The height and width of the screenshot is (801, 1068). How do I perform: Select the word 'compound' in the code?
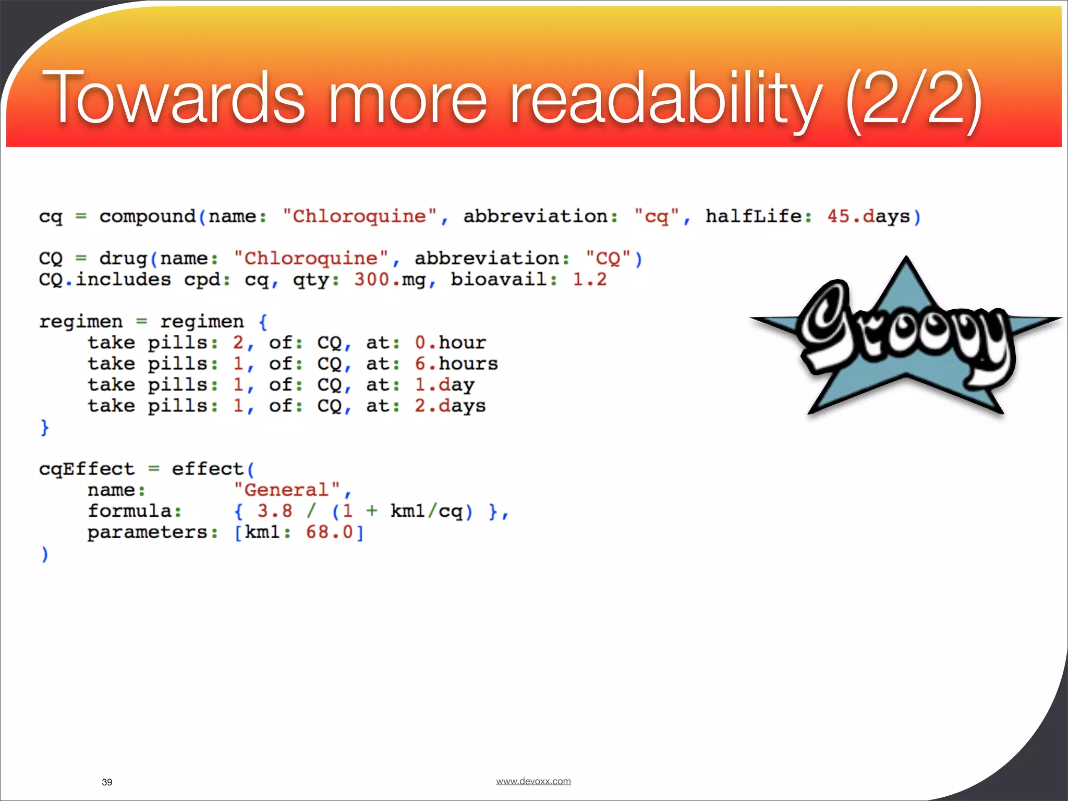(x=148, y=216)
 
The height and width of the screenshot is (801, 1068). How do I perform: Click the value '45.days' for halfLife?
(x=868, y=216)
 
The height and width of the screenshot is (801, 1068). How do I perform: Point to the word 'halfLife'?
(x=754, y=216)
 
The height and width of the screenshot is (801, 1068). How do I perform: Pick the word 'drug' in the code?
(x=124, y=259)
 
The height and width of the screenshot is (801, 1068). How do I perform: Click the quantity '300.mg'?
(x=390, y=280)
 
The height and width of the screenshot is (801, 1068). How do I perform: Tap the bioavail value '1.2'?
(x=589, y=280)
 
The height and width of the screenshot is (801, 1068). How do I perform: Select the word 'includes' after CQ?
(x=124, y=280)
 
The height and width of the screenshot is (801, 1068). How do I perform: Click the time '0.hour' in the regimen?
(x=450, y=343)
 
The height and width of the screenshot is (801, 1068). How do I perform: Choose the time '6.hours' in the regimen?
(x=456, y=364)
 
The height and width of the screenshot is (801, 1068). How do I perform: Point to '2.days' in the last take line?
(x=450, y=406)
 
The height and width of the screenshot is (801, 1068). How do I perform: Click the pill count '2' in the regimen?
(x=238, y=343)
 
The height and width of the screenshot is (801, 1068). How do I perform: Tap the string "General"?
(x=287, y=490)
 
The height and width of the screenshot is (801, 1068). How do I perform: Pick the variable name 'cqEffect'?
(x=87, y=469)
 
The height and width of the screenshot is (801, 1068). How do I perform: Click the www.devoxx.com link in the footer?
(x=533, y=781)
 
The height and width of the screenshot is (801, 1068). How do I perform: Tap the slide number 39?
(x=107, y=782)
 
